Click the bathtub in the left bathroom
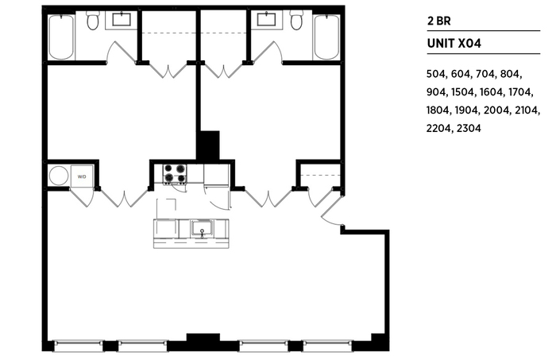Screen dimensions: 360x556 coord(61,37)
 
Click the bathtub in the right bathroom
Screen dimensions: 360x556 coord(326,37)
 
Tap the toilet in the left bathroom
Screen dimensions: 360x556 coord(92,21)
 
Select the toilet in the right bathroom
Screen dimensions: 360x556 coord(296,21)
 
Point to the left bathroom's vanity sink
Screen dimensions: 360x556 coord(124,19)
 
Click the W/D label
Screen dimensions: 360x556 coord(82,176)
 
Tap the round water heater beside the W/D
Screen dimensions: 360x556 coord(59,175)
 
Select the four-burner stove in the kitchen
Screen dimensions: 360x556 coord(174,173)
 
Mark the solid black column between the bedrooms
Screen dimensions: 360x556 coord(208,145)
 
